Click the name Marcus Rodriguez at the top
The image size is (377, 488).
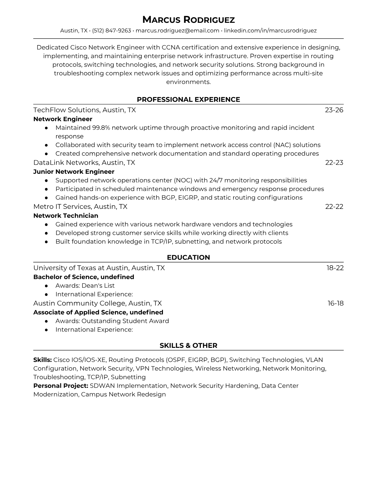point(188,20)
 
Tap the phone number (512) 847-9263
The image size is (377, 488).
point(111,30)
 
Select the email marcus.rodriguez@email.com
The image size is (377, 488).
point(177,30)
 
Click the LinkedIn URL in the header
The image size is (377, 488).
point(270,30)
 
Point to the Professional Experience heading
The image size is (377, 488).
point(188,100)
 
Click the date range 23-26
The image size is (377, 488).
point(334,110)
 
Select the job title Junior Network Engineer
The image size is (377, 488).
point(74,172)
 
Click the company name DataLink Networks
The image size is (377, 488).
point(66,162)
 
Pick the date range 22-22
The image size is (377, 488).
point(334,206)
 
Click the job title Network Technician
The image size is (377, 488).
point(66,216)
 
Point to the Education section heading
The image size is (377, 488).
point(188,258)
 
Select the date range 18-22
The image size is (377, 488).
point(335,268)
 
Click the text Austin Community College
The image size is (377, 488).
point(79,303)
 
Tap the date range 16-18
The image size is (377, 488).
point(335,303)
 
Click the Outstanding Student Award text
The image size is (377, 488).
point(125,321)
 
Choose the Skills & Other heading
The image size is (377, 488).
point(188,346)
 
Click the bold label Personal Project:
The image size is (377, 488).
point(61,386)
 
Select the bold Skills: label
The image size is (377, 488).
point(43,360)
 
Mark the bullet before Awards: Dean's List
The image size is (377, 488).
point(46,286)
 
